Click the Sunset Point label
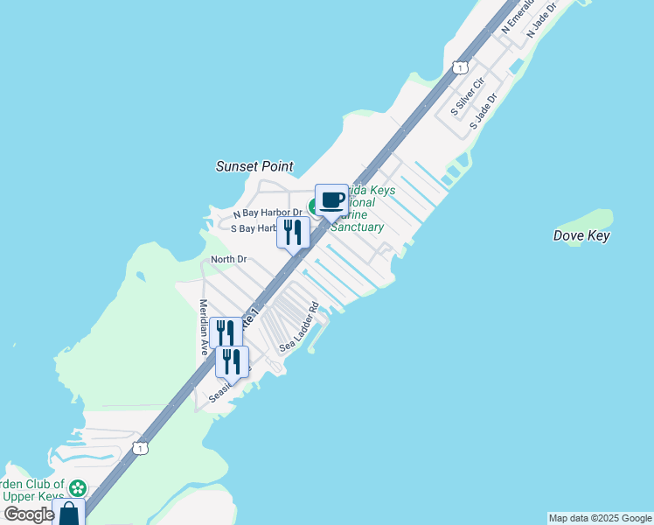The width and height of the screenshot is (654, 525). point(254,166)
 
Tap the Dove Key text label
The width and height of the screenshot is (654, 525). point(581,235)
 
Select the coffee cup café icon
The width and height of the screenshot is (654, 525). point(331,201)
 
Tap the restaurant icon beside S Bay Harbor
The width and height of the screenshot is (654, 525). point(293,232)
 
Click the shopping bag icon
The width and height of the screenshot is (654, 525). point(68,512)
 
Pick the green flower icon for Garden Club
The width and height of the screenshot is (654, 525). point(78,488)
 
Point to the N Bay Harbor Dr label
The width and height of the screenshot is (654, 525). point(268,213)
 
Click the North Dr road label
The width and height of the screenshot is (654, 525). point(229,260)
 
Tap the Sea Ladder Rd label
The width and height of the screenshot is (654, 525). point(299,328)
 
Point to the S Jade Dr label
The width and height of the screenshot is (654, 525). point(483,112)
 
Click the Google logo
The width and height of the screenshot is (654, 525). point(29,514)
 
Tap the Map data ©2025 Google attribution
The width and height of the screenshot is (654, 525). point(601,518)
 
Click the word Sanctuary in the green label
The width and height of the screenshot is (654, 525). point(357,227)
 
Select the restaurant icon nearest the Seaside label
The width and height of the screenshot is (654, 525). point(232,360)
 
